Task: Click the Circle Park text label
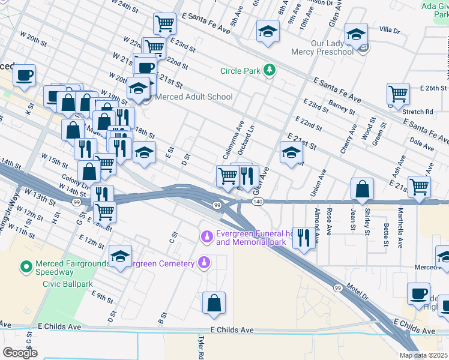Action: [240, 71]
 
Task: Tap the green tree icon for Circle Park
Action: [270, 71]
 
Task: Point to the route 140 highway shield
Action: [258, 202]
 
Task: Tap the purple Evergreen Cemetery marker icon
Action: [204, 263]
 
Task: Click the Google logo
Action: [20, 353]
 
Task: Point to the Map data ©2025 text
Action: [424, 355]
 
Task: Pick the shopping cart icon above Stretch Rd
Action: [398, 94]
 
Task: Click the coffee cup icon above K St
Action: [25, 75]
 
